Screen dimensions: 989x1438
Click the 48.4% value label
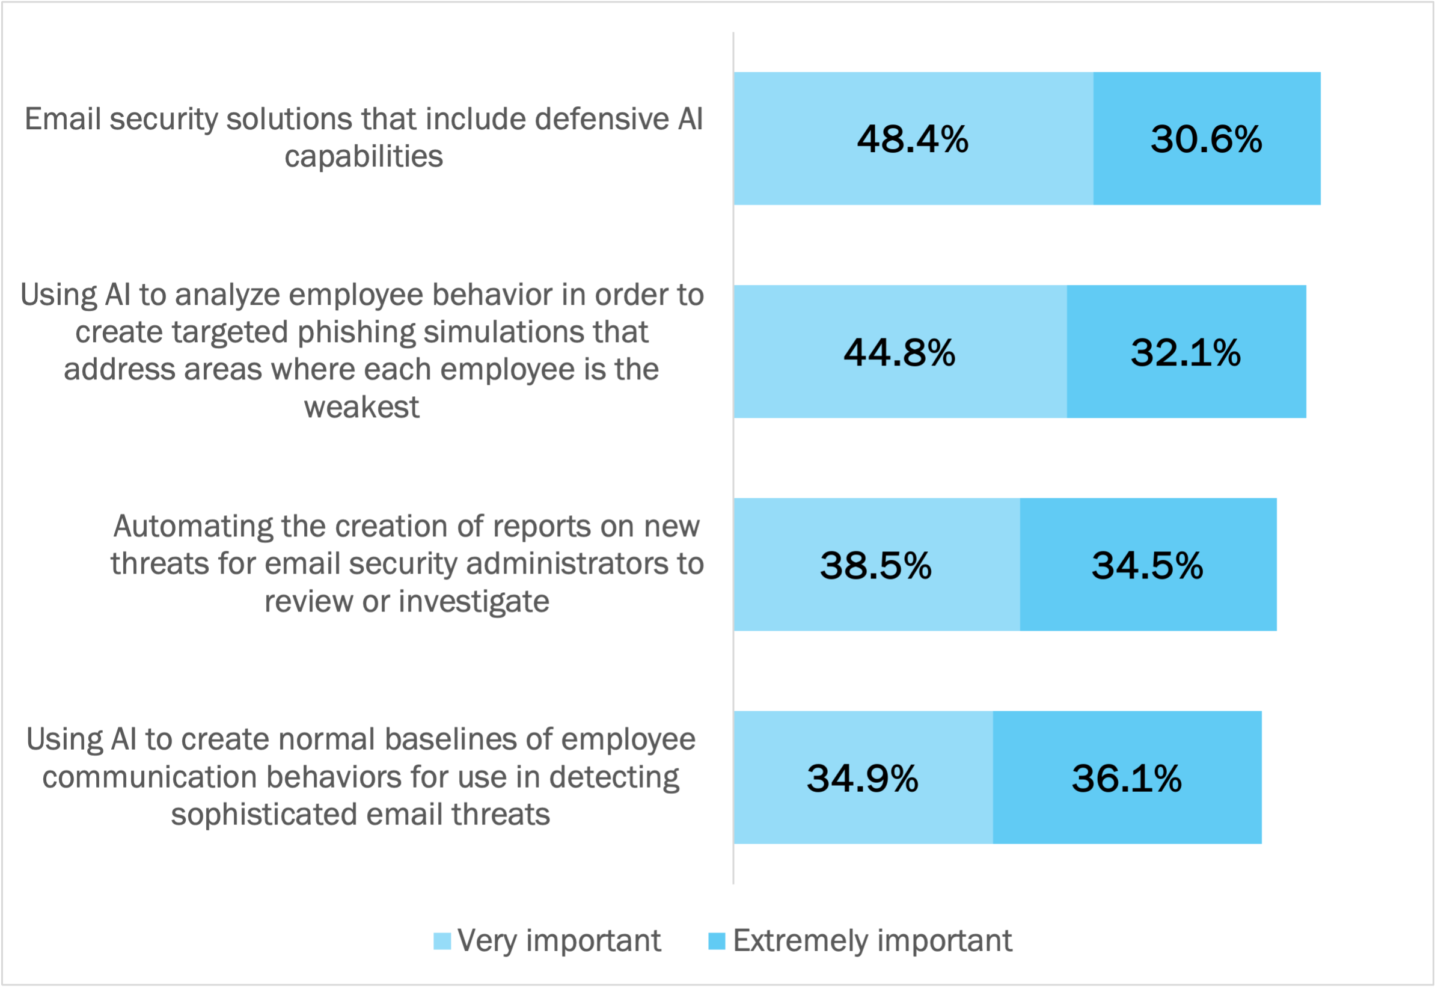(x=912, y=139)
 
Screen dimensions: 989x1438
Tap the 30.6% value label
(x=1206, y=139)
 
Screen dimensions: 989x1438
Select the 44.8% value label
(x=899, y=352)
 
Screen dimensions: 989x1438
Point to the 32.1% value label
(x=1186, y=352)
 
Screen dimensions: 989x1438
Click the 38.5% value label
(x=875, y=565)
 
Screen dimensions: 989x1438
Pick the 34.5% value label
(x=1147, y=565)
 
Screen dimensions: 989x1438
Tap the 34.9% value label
(x=862, y=779)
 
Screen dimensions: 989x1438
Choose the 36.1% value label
(x=1127, y=779)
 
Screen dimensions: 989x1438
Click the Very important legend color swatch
(x=442, y=941)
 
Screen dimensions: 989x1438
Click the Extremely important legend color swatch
(x=716, y=941)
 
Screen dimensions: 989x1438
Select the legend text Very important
(x=559, y=941)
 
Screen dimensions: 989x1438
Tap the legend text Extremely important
(x=872, y=941)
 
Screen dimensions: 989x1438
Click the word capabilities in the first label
(x=364, y=156)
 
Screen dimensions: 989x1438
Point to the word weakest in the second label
(x=361, y=407)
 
